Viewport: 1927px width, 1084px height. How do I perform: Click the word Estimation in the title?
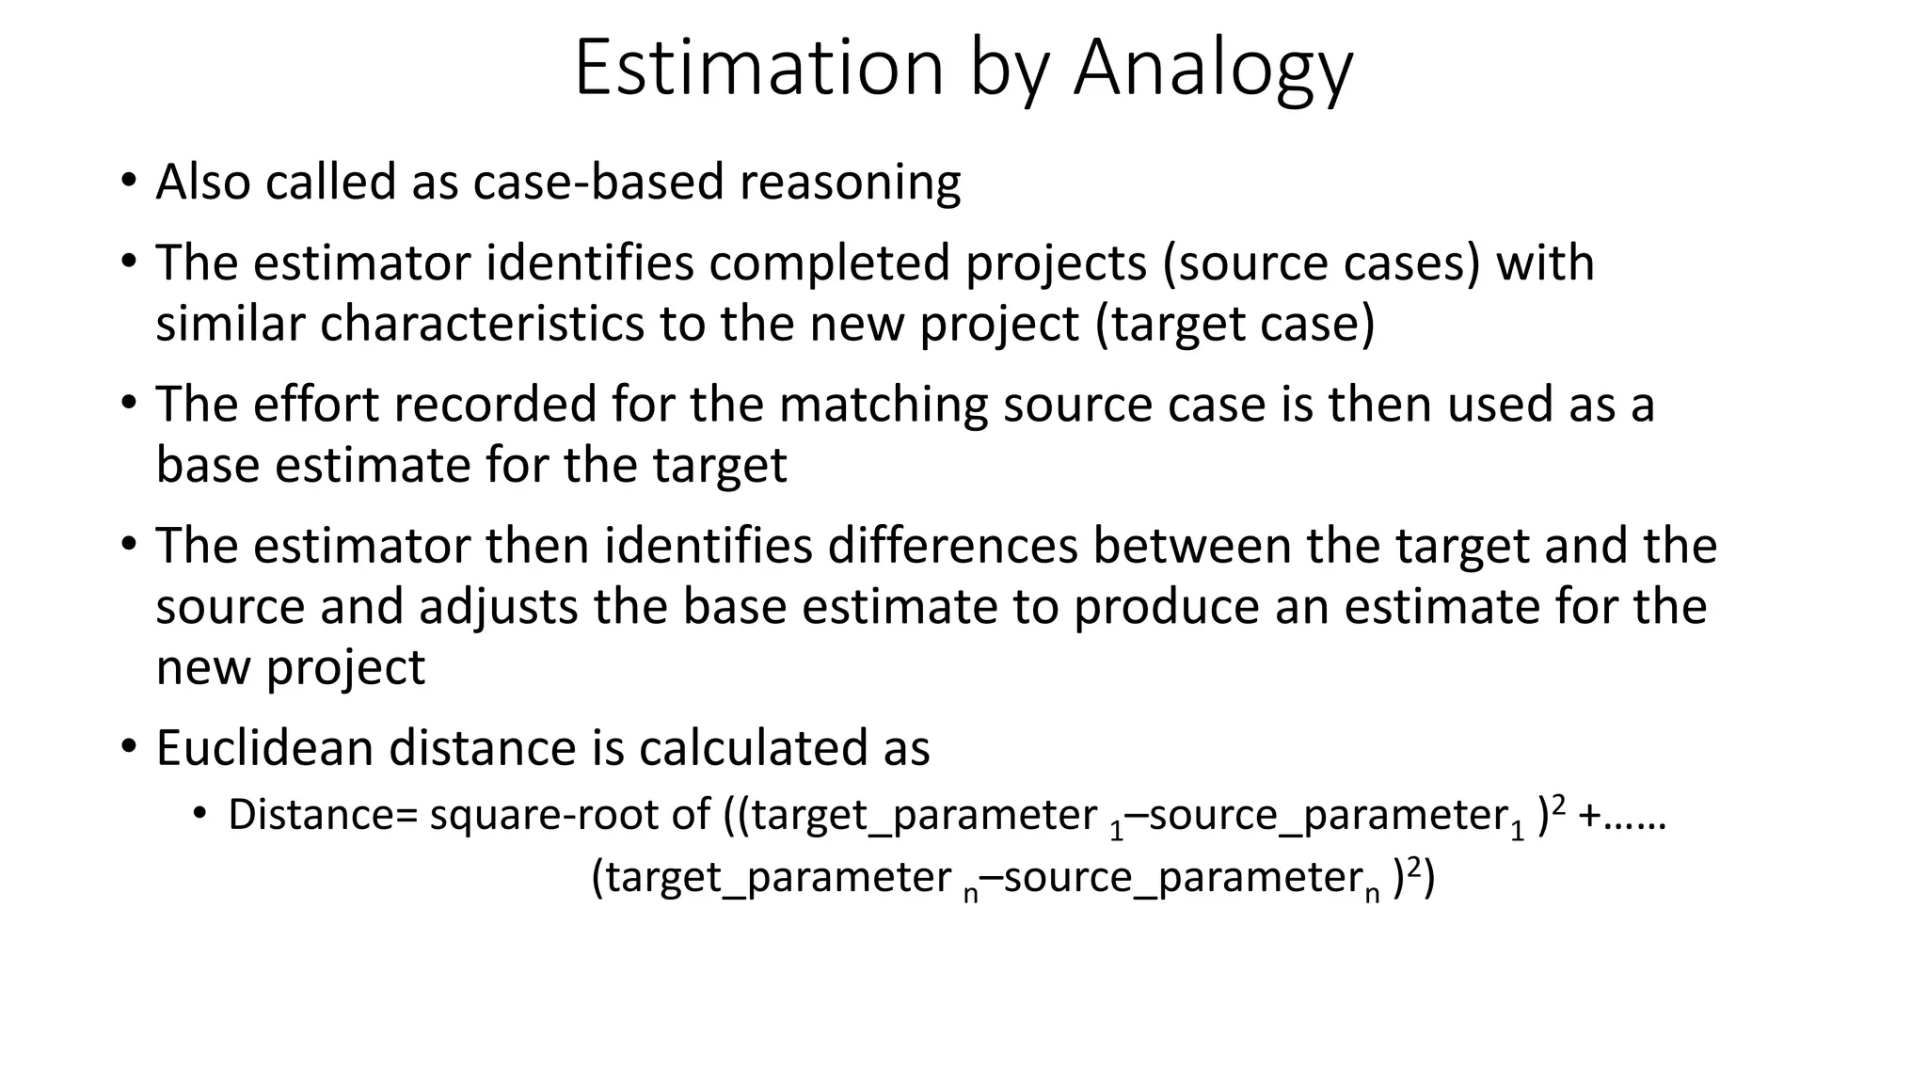[758, 68]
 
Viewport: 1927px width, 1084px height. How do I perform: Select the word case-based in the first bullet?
[598, 182]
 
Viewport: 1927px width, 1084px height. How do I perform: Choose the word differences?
[952, 546]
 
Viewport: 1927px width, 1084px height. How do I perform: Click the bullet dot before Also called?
[129, 181]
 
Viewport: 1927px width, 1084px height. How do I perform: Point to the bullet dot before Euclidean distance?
[129, 747]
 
